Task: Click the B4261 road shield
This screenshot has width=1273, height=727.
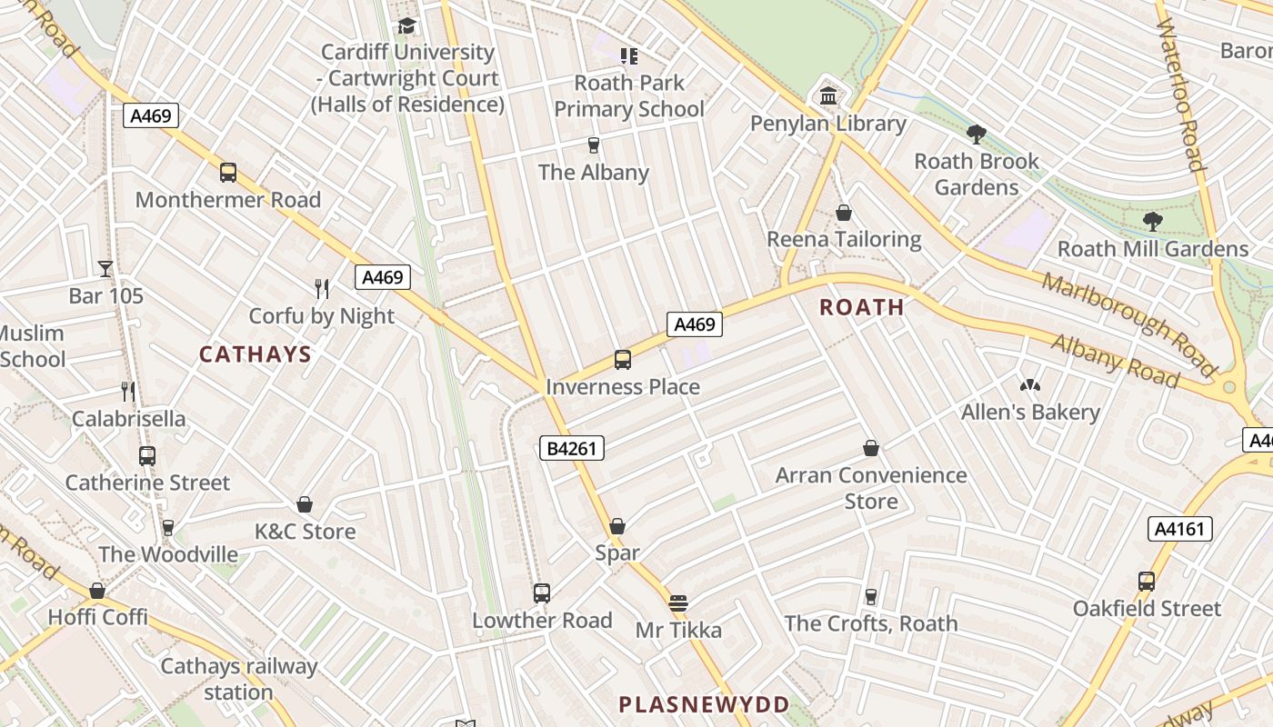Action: tap(572, 447)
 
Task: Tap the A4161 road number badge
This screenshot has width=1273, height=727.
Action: tap(1180, 529)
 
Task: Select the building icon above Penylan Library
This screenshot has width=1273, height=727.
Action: tap(828, 95)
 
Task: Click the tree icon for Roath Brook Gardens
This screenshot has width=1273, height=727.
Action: tap(977, 134)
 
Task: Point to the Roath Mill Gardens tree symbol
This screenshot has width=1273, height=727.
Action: tap(1152, 221)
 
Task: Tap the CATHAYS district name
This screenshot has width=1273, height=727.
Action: tap(256, 354)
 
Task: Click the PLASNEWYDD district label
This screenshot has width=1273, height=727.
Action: tap(704, 704)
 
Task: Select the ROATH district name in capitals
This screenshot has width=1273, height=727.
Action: tap(862, 307)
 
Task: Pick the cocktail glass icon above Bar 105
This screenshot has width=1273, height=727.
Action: tap(105, 268)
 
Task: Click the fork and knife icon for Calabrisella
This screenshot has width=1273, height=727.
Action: tap(128, 392)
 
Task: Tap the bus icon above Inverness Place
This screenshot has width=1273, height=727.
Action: tap(623, 360)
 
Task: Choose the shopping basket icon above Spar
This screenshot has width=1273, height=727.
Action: tap(617, 526)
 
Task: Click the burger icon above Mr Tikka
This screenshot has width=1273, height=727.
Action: tap(677, 603)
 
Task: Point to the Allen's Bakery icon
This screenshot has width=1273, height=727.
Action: tap(1029, 386)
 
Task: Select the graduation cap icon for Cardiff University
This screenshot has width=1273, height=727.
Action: tap(406, 25)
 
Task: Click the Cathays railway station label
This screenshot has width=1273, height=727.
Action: tap(238, 679)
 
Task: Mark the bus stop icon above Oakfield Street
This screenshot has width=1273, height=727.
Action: tap(1147, 582)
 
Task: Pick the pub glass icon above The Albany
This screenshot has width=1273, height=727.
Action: tap(594, 145)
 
